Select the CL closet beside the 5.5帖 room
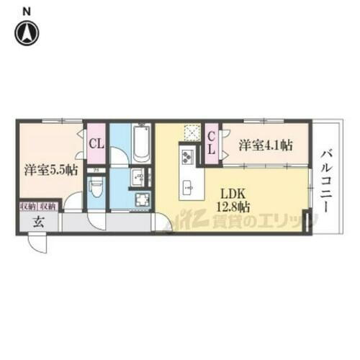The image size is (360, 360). [96, 143]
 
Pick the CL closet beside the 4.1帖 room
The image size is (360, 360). [212, 143]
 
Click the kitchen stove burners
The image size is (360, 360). [186, 156]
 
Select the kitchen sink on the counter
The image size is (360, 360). [189, 188]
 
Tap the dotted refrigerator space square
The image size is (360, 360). [192, 132]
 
